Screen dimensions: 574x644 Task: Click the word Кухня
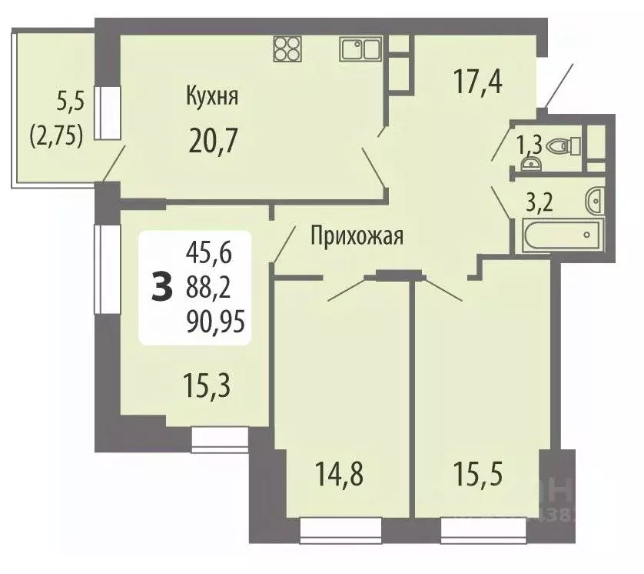[211, 98]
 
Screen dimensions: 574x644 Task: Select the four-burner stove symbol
[287, 49]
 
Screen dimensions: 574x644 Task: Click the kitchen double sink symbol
[360, 48]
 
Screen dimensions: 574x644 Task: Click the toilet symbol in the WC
[570, 144]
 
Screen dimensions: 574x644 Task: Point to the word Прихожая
[357, 235]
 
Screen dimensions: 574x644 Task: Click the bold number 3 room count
[161, 288]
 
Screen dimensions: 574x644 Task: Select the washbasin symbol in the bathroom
[594, 200]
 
